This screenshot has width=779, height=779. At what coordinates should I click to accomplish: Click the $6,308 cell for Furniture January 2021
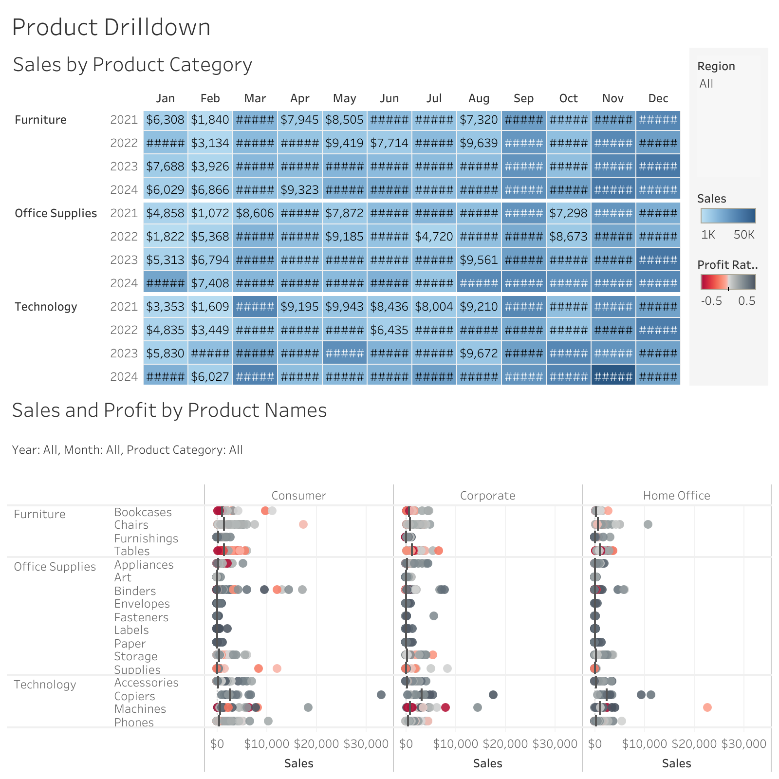point(165,120)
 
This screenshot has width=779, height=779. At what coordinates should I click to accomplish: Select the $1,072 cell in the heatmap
point(210,213)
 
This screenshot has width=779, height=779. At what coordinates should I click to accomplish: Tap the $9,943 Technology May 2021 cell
point(344,307)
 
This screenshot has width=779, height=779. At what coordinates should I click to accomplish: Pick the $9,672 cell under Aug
point(479,353)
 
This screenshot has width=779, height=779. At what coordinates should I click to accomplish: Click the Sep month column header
point(523,98)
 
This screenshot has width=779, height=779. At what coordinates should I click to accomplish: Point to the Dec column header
point(658,98)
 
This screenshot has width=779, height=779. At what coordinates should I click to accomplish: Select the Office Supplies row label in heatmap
point(56,213)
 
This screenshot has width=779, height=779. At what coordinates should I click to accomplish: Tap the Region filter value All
point(706,84)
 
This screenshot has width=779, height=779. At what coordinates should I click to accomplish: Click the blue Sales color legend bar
point(728,216)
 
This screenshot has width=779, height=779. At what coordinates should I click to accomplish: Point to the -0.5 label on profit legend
point(711,301)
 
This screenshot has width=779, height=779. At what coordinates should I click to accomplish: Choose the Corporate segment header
point(487,496)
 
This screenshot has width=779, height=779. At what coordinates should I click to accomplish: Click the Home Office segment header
point(676,496)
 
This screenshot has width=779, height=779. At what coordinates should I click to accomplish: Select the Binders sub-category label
point(135,591)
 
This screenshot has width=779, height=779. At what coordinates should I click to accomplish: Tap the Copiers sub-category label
point(134,696)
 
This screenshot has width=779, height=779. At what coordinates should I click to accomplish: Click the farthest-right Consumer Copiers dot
point(381,695)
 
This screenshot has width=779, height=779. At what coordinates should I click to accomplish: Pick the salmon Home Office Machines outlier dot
point(707,707)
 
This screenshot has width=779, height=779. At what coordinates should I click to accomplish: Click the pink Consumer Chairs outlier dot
point(303,524)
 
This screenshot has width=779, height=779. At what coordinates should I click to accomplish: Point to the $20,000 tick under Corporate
point(505,744)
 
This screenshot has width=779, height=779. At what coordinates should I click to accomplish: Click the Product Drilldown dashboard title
point(111,27)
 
